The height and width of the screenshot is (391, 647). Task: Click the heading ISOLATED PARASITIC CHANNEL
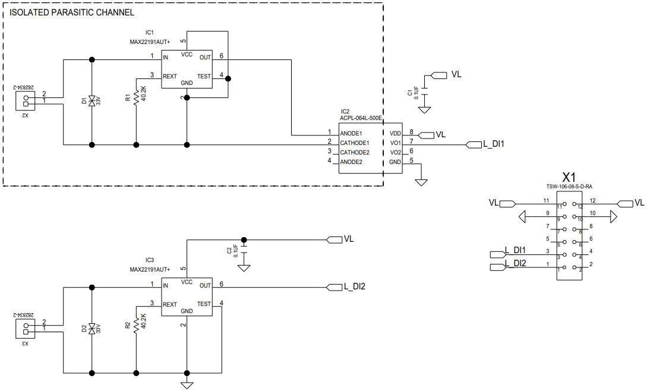click(x=72, y=12)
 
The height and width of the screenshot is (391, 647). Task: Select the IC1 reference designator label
click(x=150, y=32)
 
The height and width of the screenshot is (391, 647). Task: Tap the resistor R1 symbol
click(x=137, y=97)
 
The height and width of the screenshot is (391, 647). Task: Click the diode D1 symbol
click(x=91, y=101)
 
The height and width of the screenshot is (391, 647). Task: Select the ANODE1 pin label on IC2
click(x=351, y=134)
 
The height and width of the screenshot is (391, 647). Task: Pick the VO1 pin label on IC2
click(x=395, y=143)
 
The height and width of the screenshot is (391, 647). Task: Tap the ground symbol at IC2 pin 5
click(x=421, y=182)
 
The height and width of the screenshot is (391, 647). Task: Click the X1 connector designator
click(x=569, y=177)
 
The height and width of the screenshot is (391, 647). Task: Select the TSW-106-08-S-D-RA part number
click(x=569, y=187)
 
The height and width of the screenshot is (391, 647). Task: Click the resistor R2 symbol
click(x=137, y=324)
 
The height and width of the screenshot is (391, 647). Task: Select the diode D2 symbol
click(x=91, y=329)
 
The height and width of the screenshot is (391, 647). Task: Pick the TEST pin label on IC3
click(x=204, y=304)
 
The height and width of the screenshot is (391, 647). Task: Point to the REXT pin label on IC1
click(x=170, y=76)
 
